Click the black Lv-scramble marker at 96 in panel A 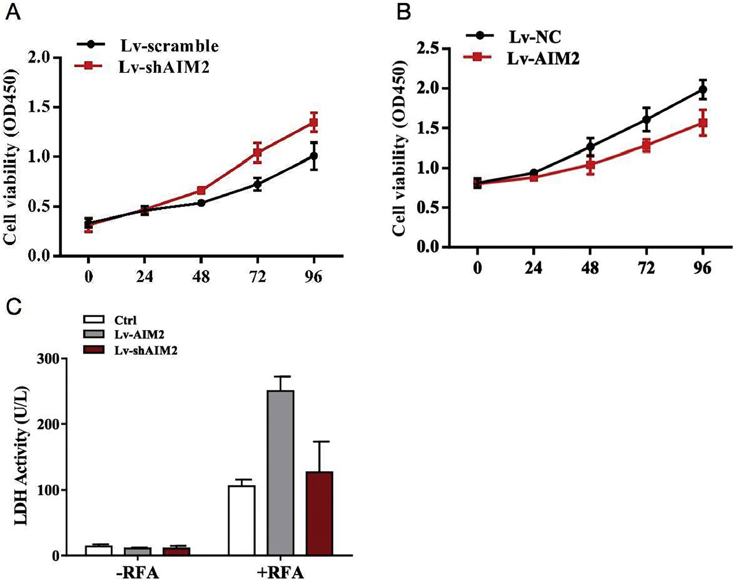[x=313, y=156]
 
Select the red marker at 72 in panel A [x=257, y=152]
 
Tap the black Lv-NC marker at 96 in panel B [x=703, y=89]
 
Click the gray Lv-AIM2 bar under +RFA [x=280, y=473]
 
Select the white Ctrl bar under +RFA [x=241, y=521]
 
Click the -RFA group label [x=137, y=572]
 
